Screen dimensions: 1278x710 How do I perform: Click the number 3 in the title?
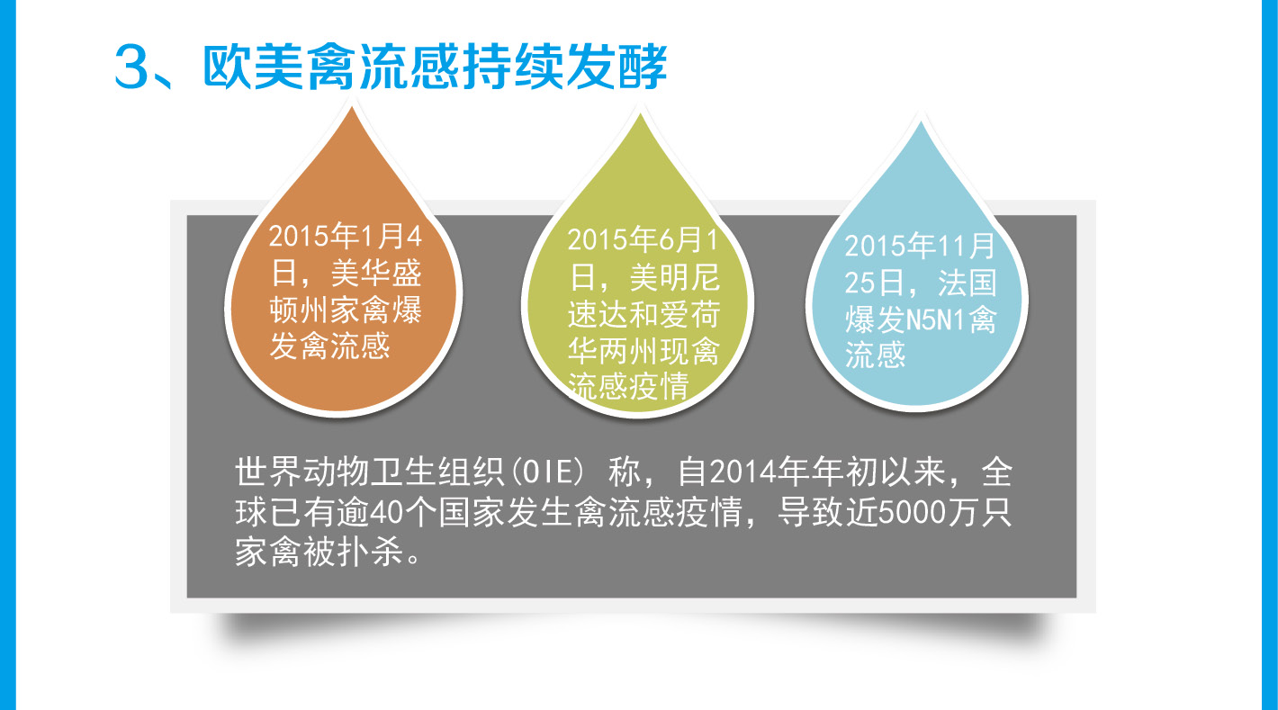click(131, 67)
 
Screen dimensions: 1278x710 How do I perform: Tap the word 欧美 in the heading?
click(253, 67)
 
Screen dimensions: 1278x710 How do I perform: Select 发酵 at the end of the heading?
click(617, 67)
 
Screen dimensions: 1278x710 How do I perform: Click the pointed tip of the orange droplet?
click(352, 108)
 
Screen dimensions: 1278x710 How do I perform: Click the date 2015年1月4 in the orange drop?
click(346, 236)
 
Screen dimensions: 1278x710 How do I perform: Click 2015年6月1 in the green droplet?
click(643, 239)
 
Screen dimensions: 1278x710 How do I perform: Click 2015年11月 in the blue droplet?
click(921, 246)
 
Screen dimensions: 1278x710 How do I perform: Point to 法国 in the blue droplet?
click(967, 283)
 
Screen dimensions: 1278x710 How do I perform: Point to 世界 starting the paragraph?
click(268, 472)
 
